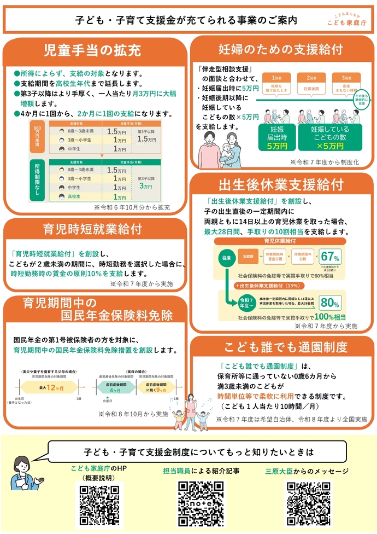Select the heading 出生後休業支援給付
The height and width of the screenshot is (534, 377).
coord(281,184)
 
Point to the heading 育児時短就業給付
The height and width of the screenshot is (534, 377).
coord(92,229)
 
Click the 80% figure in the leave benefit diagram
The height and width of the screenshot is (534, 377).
coord(330,303)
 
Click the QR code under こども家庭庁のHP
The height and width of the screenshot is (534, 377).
coord(98,504)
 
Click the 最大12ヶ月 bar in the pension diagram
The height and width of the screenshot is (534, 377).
coord(49,387)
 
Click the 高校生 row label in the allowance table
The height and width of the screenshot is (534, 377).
coord(75,197)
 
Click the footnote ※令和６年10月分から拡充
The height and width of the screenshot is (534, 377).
coord(132,207)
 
